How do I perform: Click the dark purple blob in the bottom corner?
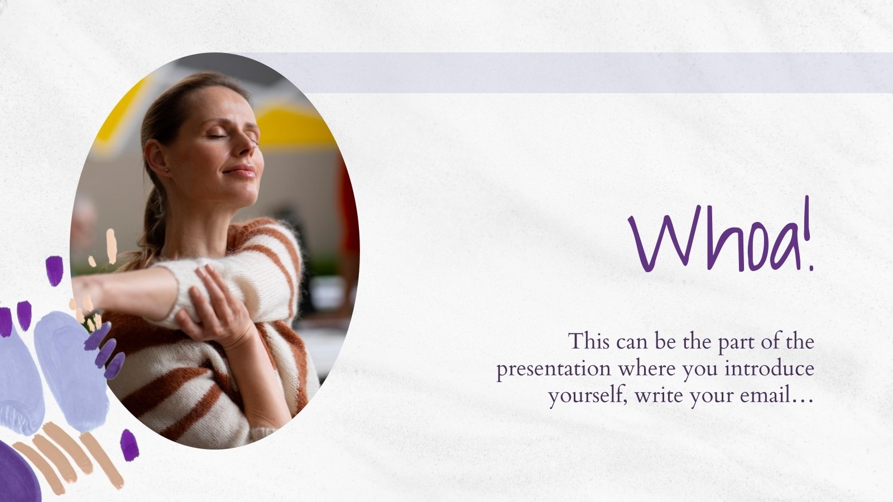point(17,474)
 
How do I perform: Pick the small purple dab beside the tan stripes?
point(129,445)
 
